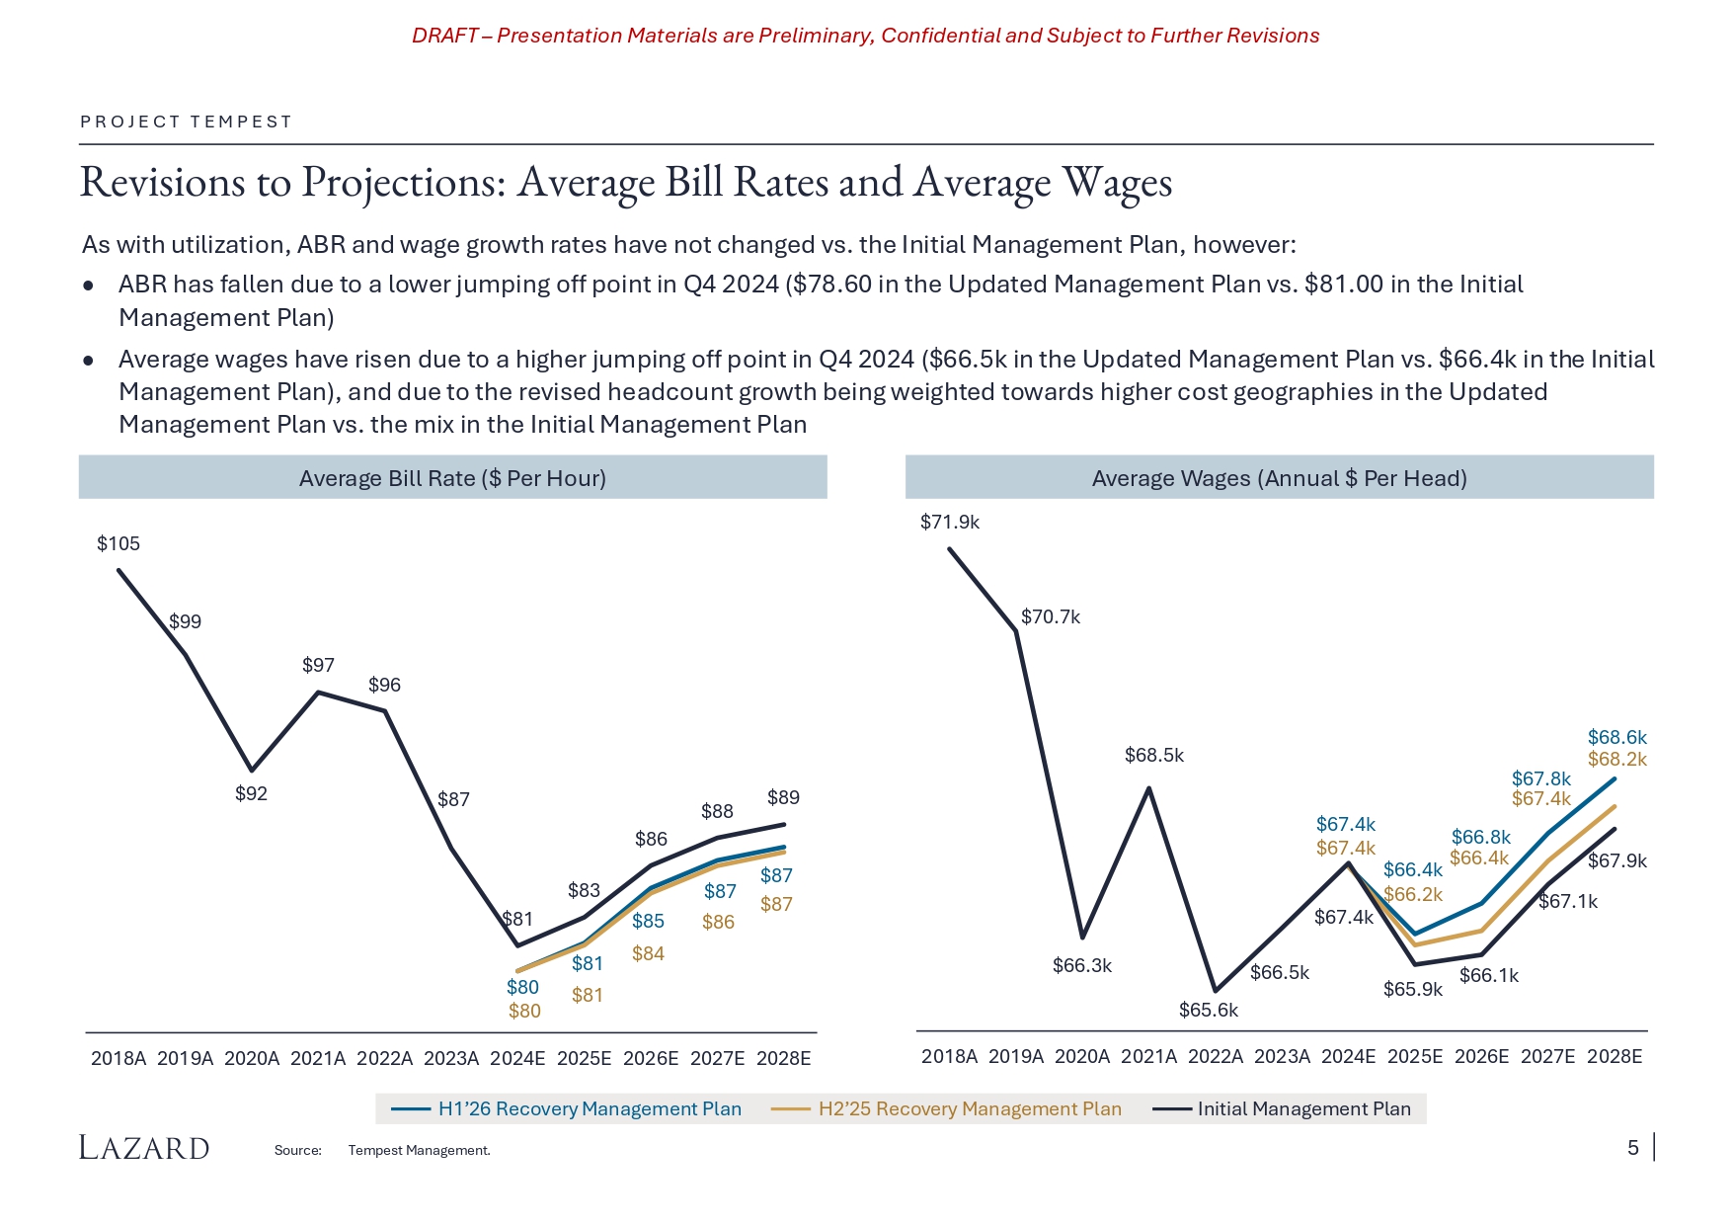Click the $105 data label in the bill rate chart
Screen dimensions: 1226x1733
point(118,543)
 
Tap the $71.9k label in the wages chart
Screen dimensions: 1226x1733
point(949,522)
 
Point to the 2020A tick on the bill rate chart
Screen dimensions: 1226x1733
point(252,1058)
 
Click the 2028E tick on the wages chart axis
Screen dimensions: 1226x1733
point(1614,1056)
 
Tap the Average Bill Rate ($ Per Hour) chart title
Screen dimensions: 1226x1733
point(452,478)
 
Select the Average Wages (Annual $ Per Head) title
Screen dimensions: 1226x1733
point(1279,478)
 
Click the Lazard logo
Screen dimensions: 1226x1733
point(144,1147)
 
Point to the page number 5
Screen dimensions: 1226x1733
point(1633,1147)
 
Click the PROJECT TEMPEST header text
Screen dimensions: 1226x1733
point(186,122)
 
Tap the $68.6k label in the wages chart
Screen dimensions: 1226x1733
point(1616,737)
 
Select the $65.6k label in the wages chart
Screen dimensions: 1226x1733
point(1208,1010)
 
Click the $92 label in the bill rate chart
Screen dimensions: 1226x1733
point(251,793)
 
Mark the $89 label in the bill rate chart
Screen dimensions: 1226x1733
point(783,797)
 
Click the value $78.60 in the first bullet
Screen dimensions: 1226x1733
point(829,285)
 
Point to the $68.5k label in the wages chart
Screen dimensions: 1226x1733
point(1153,755)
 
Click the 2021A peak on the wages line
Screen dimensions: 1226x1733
point(1148,787)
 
